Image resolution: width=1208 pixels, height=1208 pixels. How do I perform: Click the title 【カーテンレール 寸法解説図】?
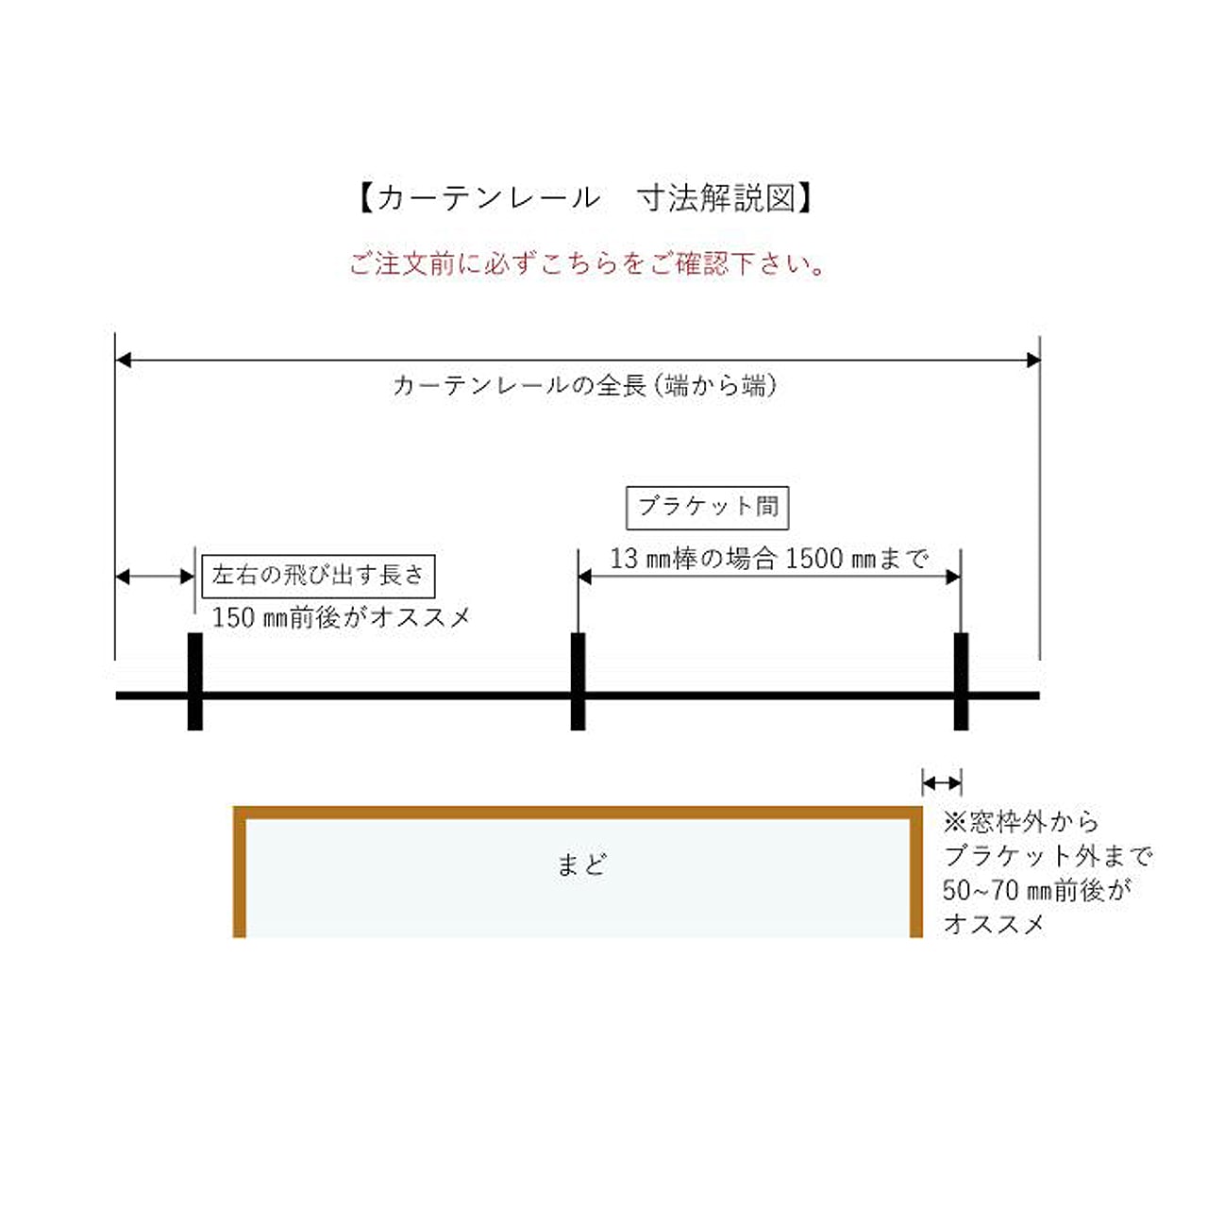(x=585, y=198)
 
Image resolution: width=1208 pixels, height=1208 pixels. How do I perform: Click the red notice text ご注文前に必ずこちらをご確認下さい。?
(x=587, y=264)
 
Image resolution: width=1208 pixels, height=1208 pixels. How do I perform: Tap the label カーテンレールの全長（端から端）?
(x=585, y=385)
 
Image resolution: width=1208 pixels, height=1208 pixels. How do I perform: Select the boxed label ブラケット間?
(x=707, y=507)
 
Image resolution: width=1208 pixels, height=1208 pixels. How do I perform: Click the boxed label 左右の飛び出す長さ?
(x=318, y=576)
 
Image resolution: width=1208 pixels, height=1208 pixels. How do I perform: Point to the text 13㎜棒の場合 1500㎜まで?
(x=768, y=558)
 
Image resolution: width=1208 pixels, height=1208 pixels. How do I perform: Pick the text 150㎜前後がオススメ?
(x=341, y=617)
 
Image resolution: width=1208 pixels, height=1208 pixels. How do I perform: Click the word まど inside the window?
(x=581, y=864)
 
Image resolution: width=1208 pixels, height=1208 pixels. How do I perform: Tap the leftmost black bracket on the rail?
(x=195, y=681)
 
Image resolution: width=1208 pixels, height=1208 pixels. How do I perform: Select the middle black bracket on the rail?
(x=578, y=681)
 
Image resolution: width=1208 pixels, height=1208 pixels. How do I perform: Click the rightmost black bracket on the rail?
(x=961, y=681)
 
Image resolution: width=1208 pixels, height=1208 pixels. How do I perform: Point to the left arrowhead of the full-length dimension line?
(x=123, y=360)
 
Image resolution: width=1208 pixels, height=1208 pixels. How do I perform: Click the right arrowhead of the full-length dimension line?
(x=1033, y=360)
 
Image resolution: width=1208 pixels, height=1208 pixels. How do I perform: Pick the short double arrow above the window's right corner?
(x=942, y=783)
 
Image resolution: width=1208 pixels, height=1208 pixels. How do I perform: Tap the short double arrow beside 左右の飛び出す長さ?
(x=155, y=576)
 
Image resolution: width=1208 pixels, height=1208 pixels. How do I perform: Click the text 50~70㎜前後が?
(x=1035, y=890)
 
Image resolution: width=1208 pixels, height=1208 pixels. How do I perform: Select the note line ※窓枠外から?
(x=1021, y=822)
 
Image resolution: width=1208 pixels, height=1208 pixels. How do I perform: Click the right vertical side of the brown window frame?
(x=915, y=872)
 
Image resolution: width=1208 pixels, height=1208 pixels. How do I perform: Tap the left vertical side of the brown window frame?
(x=240, y=872)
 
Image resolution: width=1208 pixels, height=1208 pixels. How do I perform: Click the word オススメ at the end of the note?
(x=994, y=924)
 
